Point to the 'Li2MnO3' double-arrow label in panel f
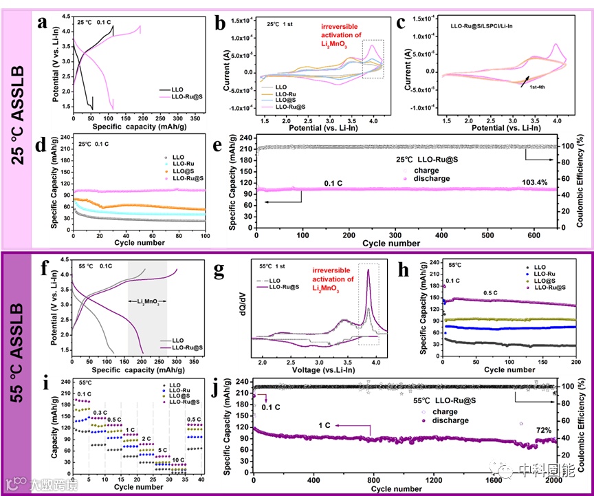(x=147, y=301)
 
